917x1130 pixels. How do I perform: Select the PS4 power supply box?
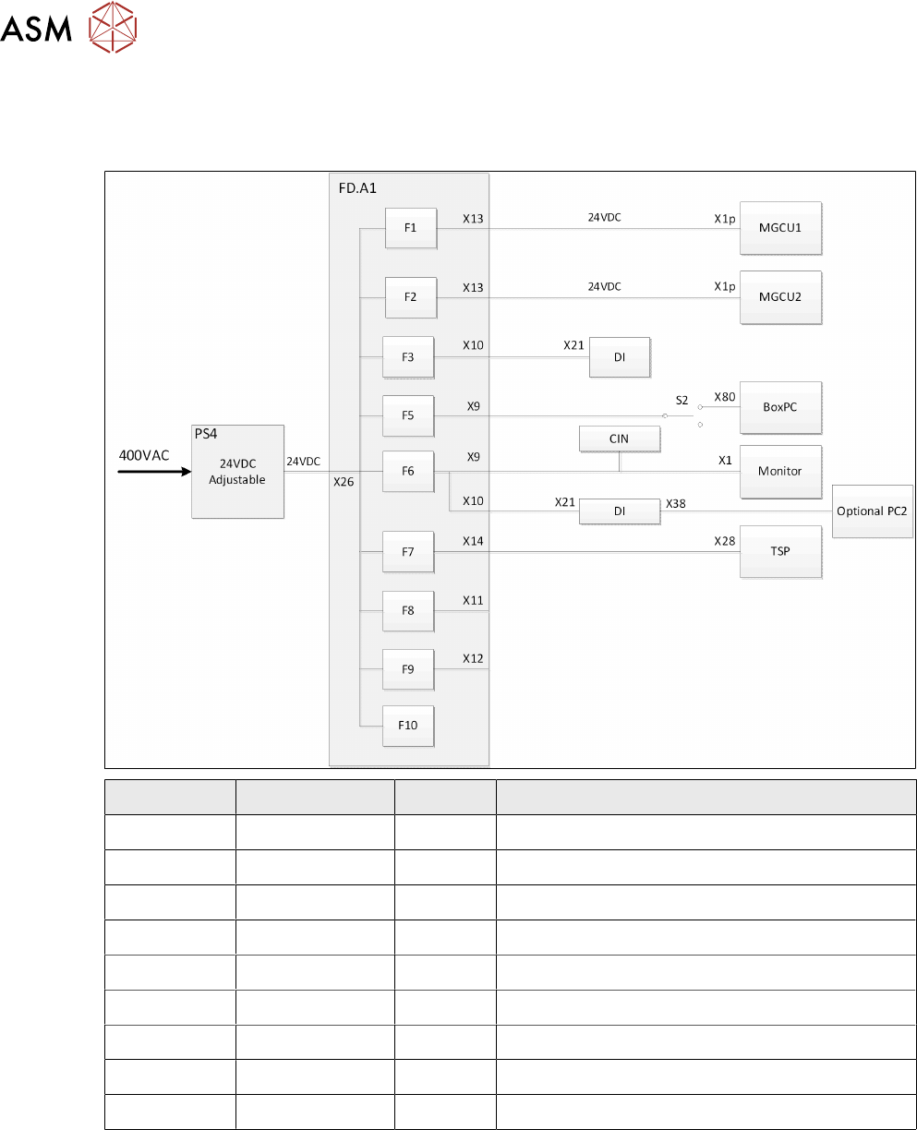(x=237, y=472)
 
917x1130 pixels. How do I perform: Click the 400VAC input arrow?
(x=152, y=472)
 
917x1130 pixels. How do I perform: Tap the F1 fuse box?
(x=410, y=228)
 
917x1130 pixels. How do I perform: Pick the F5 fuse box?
(x=408, y=415)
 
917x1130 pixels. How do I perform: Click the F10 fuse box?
(x=408, y=725)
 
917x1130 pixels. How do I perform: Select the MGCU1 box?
(x=781, y=228)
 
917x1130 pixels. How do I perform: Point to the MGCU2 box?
(x=781, y=297)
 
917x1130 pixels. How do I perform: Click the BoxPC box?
(x=780, y=407)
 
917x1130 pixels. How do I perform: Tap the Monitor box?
(x=780, y=471)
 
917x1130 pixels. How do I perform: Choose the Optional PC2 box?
(x=873, y=511)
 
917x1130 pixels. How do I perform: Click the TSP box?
(x=780, y=551)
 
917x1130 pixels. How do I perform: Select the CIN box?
(x=619, y=439)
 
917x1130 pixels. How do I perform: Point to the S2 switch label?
(x=682, y=400)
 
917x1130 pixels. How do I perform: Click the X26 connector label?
(x=344, y=481)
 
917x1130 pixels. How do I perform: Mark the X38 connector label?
(x=675, y=502)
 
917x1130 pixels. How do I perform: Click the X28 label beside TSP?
(x=725, y=541)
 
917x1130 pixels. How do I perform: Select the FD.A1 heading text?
(x=358, y=187)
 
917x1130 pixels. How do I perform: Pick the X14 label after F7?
(x=473, y=541)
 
